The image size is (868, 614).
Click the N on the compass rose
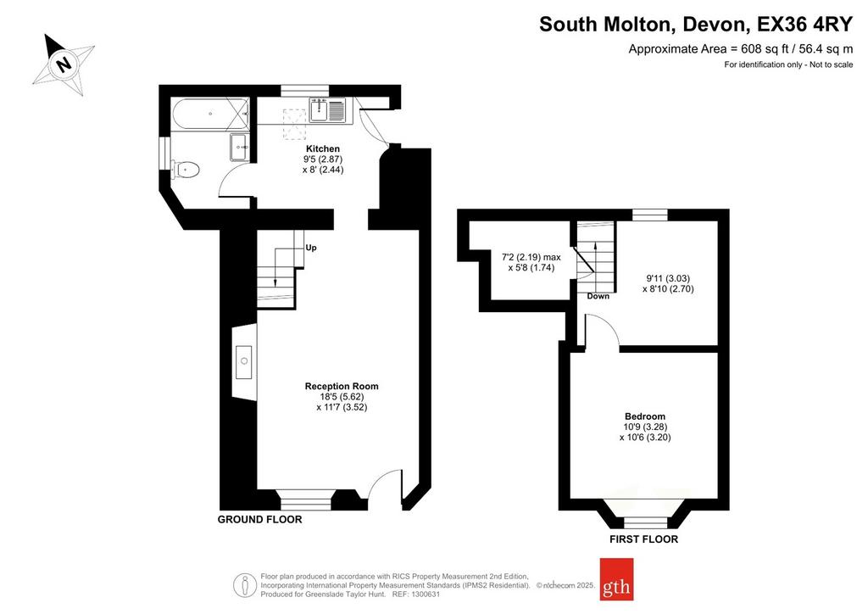[x=64, y=64]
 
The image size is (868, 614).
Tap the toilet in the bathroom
[x=185, y=170]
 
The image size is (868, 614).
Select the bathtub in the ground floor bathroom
[x=210, y=114]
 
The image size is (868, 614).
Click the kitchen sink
[x=328, y=109]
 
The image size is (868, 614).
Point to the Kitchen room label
[x=323, y=149]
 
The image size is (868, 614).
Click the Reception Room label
[x=342, y=387]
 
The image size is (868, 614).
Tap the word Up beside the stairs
[x=311, y=248]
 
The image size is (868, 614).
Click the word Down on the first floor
[x=598, y=296]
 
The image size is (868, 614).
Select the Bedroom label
[x=645, y=416]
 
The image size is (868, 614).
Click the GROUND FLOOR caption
[x=259, y=519]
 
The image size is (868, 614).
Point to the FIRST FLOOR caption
[x=644, y=539]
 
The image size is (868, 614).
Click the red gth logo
[x=617, y=579]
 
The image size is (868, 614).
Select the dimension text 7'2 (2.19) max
[x=531, y=258]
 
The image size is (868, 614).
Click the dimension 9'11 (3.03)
[x=668, y=278]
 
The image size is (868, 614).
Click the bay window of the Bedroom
[x=644, y=511]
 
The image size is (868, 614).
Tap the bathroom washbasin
[x=240, y=148]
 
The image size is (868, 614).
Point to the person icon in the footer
[x=242, y=585]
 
